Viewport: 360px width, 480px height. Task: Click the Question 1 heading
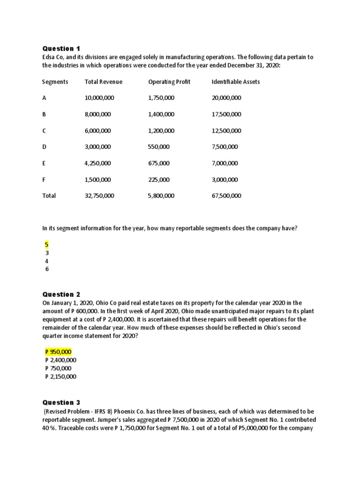(x=61, y=48)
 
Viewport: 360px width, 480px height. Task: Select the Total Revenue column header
(x=103, y=82)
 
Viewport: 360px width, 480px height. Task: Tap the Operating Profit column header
(x=169, y=82)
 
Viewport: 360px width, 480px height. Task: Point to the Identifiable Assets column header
(x=235, y=82)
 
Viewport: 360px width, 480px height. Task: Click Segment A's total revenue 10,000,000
(x=99, y=98)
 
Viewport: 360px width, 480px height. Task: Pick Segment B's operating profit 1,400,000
(x=161, y=114)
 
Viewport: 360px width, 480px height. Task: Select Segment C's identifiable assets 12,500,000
(x=226, y=130)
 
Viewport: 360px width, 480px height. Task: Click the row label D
(x=45, y=147)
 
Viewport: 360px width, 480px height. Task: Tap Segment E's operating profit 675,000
(x=158, y=163)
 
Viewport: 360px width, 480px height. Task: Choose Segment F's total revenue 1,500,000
(x=97, y=180)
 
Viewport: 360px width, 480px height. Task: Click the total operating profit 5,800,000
(x=161, y=195)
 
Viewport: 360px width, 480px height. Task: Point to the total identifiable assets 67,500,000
(x=226, y=195)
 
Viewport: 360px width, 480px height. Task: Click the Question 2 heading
(x=61, y=294)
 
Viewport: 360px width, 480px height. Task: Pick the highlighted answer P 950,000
(x=58, y=352)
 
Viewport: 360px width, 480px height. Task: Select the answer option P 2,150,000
(x=60, y=376)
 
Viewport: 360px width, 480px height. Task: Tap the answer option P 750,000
(x=58, y=368)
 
